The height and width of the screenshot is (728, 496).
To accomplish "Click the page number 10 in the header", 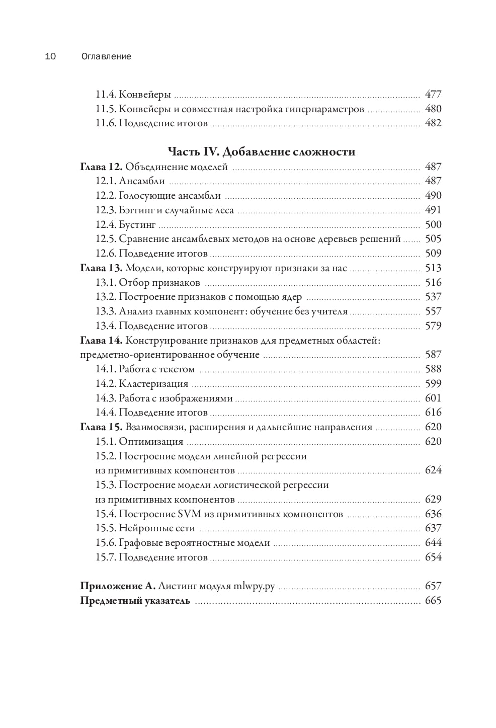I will click(50, 56).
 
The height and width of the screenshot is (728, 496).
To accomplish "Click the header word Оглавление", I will click(106, 56).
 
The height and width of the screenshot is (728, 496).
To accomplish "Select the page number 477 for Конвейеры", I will click(433, 94).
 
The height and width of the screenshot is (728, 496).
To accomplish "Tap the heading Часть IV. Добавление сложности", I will click(261, 151).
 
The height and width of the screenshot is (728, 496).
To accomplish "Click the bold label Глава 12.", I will click(101, 167).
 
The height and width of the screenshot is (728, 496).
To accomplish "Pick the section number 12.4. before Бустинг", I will click(106, 224).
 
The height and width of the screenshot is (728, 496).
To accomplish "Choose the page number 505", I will click(433, 239).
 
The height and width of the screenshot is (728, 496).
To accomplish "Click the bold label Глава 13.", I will click(101, 268).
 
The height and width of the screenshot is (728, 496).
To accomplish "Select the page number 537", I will click(433, 297).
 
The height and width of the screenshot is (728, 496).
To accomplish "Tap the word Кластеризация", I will click(153, 384).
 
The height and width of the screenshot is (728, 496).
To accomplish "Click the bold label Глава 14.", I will click(101, 341).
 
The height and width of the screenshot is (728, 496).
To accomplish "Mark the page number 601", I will click(433, 398).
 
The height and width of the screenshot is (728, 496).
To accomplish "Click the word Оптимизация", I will click(151, 442).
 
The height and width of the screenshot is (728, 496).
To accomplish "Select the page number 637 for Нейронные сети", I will click(433, 528).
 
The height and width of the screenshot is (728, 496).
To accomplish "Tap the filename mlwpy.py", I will click(255, 586).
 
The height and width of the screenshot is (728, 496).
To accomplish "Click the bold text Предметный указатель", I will click(135, 601).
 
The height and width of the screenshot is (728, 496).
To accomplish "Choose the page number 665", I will click(433, 601).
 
